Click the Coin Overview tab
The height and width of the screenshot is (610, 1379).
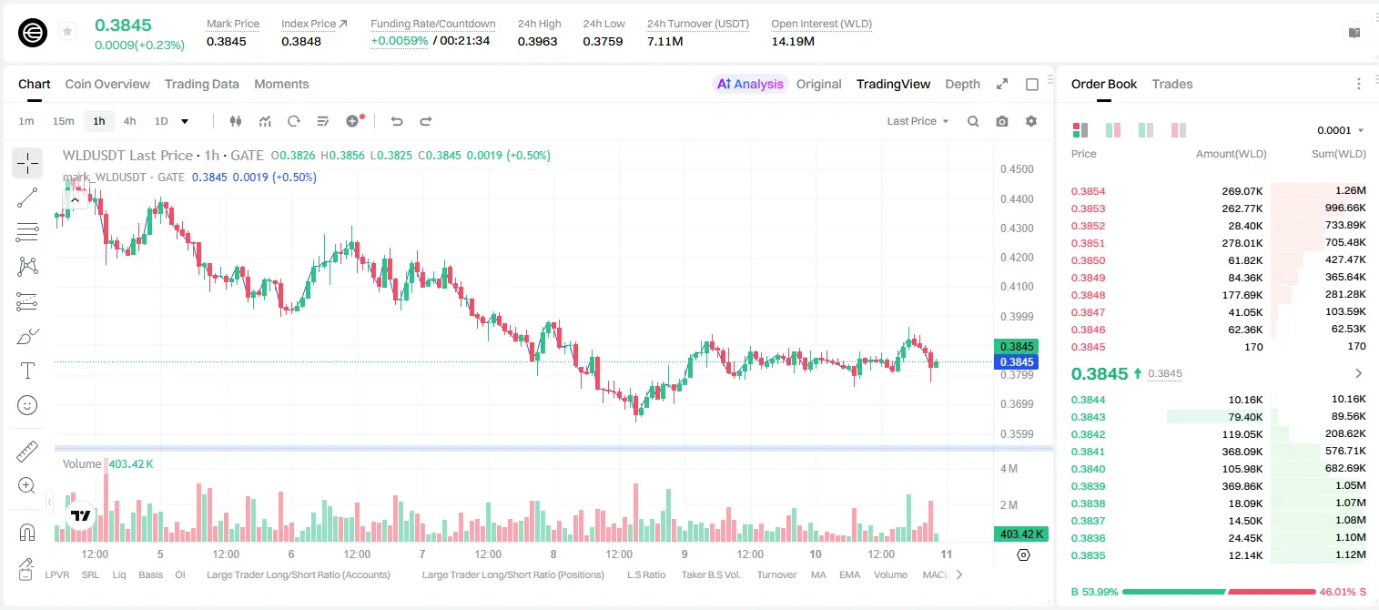107,84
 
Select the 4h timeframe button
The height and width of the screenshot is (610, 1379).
129,121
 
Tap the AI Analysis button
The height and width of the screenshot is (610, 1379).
750,84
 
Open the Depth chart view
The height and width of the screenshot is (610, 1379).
962,84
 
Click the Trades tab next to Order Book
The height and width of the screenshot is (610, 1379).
1171,84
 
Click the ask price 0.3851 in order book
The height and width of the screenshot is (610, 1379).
1088,243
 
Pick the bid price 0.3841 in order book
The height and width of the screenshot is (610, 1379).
1088,452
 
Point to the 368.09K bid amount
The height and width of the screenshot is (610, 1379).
1242,452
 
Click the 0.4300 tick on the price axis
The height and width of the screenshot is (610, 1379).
1017,228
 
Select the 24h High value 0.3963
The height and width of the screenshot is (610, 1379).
537,41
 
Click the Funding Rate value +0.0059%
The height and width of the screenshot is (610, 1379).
399,41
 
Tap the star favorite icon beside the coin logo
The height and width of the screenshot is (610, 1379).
67,31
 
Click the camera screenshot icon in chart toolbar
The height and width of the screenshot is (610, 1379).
1001,121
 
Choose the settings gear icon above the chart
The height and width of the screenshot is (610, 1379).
1031,121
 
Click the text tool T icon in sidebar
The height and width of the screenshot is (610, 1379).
27,371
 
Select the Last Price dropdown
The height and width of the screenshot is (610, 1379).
918,121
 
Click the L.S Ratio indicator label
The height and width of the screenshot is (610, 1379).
645,574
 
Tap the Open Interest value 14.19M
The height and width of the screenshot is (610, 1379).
793,41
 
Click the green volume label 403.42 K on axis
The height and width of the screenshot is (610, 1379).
1020,534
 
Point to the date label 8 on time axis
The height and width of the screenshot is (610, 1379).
553,554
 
